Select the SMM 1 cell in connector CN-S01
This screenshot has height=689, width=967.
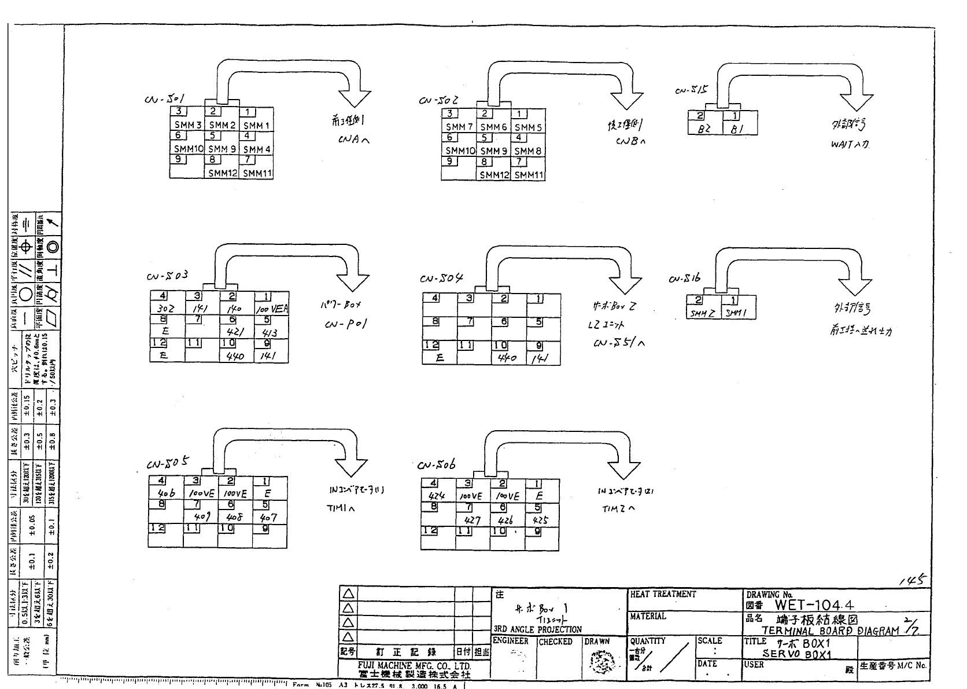[x=256, y=125]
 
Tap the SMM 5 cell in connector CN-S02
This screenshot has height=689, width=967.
[x=527, y=127]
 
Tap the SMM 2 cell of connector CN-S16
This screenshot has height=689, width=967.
[x=703, y=313]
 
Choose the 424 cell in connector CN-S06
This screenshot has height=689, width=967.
[x=437, y=496]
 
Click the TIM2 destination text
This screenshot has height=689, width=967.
[x=618, y=509]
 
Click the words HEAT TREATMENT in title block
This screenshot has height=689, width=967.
[x=663, y=595]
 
